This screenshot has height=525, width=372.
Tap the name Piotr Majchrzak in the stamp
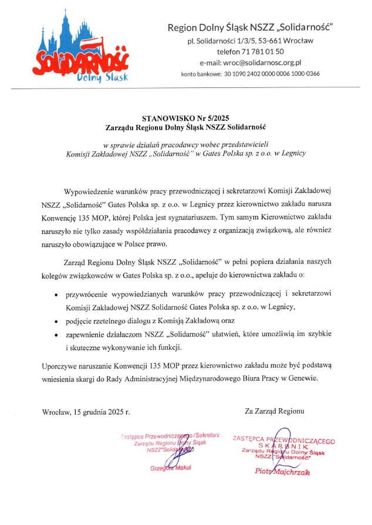tap(282, 471)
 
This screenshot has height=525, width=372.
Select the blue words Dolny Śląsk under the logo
tap(101, 77)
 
